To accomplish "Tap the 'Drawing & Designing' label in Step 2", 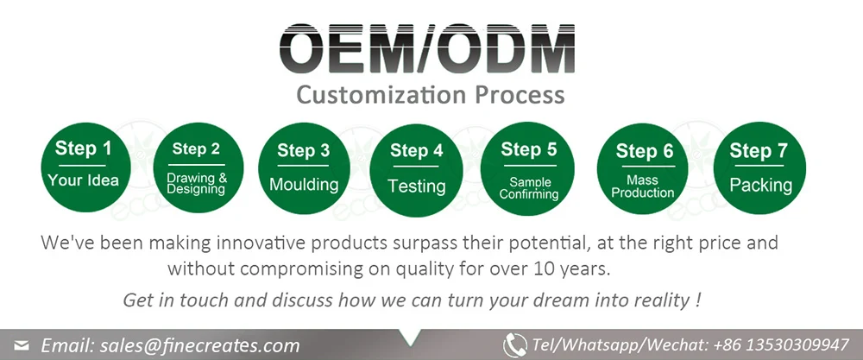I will pyautogui.click(x=197, y=183).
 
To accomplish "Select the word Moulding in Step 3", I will pyautogui.click(x=304, y=185).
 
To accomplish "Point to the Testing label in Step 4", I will pyautogui.click(x=417, y=186).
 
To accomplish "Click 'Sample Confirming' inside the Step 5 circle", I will pyautogui.click(x=528, y=188).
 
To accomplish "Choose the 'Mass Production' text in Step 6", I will pyautogui.click(x=642, y=186).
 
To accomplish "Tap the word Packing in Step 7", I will pyautogui.click(x=760, y=185).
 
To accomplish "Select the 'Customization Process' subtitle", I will pyautogui.click(x=431, y=94).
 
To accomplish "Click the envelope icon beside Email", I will pyautogui.click(x=22, y=346).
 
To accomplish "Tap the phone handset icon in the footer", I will pyautogui.click(x=515, y=344).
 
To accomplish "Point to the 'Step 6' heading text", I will pyautogui.click(x=644, y=152).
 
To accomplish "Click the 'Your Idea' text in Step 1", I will pyautogui.click(x=83, y=180).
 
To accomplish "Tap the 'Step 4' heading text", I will pyautogui.click(x=417, y=151).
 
